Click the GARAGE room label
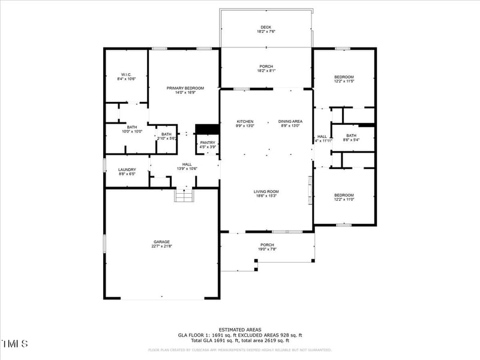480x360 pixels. coord(161,242)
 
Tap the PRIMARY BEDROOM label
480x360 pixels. coord(185,88)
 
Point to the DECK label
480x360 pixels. coord(266,27)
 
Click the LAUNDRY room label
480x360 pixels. coord(127,169)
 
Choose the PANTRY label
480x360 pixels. coord(208,142)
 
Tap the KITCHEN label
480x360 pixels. coord(245,121)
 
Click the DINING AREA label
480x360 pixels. coord(290,121)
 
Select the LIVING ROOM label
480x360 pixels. coord(266,191)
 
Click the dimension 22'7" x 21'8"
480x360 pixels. coord(161,246)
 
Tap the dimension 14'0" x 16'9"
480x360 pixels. coord(185,92)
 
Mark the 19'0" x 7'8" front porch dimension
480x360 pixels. coord(267,248)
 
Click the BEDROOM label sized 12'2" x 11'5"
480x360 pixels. coord(344,77)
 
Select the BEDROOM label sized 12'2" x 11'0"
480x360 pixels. coord(344,195)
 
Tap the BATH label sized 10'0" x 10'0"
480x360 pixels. coord(131,127)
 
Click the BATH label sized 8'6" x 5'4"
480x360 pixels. coord(351,136)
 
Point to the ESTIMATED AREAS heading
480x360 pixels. coord(239,330)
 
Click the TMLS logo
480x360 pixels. coord(15,344)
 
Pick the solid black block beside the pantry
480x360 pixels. coord(208,128)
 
